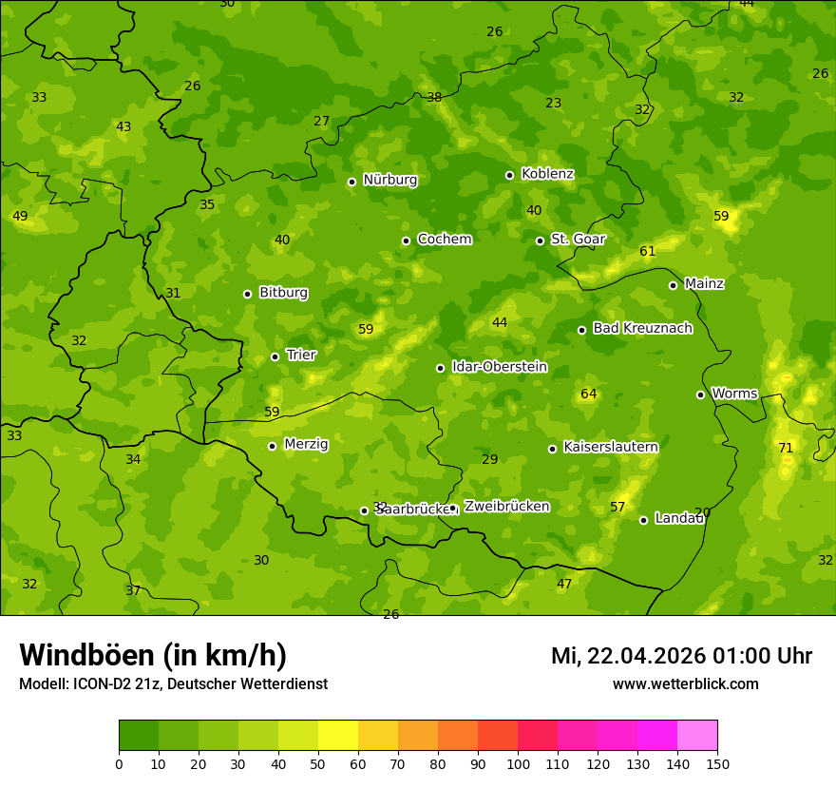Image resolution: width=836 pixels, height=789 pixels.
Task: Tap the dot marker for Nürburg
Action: tap(351, 182)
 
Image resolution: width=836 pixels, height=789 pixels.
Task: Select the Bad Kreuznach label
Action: tap(642, 328)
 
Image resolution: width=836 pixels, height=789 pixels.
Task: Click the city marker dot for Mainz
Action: tap(673, 285)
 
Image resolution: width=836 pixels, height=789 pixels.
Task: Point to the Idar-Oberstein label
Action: tap(499, 367)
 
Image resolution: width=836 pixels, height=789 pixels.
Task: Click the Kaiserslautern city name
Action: tap(611, 447)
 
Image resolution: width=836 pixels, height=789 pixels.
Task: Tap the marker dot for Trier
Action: tap(275, 356)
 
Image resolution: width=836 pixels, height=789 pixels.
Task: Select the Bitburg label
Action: tap(283, 293)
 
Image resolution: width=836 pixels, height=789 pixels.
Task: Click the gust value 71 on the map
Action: tap(786, 448)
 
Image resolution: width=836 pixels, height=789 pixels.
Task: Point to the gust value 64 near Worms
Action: tap(589, 394)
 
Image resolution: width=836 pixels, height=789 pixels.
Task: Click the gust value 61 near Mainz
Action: tap(648, 252)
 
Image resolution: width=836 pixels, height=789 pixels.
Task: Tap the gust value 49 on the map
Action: tap(20, 217)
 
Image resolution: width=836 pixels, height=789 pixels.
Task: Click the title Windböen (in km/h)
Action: tap(153, 655)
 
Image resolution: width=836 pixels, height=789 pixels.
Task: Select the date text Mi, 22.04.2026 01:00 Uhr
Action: tap(681, 656)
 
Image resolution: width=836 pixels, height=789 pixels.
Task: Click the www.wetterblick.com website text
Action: tap(685, 683)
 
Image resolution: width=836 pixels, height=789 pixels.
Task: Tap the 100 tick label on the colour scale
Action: tap(518, 763)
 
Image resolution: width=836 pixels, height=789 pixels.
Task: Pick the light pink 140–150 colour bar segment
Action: tap(697, 736)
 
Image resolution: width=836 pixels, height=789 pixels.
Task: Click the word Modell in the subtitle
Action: tap(43, 683)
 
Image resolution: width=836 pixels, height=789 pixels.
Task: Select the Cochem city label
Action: tap(444, 239)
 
